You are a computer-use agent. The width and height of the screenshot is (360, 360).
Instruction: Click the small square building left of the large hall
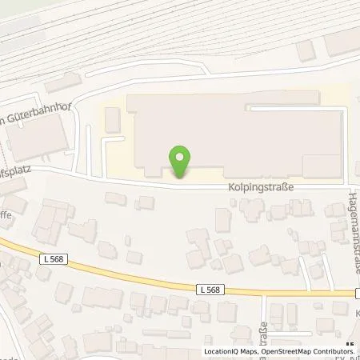(112, 120)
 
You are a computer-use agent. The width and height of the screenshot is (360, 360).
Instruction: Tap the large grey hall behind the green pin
(232, 132)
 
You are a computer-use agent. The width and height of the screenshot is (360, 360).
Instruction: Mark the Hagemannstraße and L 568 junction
(352, 294)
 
